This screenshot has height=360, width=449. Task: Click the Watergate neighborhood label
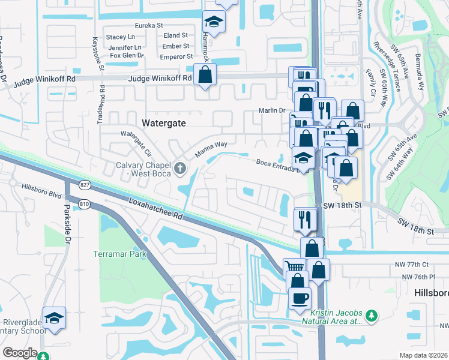click(164, 122)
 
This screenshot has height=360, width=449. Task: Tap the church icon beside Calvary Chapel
click(180, 166)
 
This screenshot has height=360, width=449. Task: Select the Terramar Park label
click(120, 254)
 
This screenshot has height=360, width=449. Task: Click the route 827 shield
click(84, 184)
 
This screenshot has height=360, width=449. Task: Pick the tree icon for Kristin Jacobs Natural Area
click(372, 315)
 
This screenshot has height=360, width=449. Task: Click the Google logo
click(19, 353)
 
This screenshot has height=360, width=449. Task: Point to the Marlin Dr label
click(271, 110)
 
